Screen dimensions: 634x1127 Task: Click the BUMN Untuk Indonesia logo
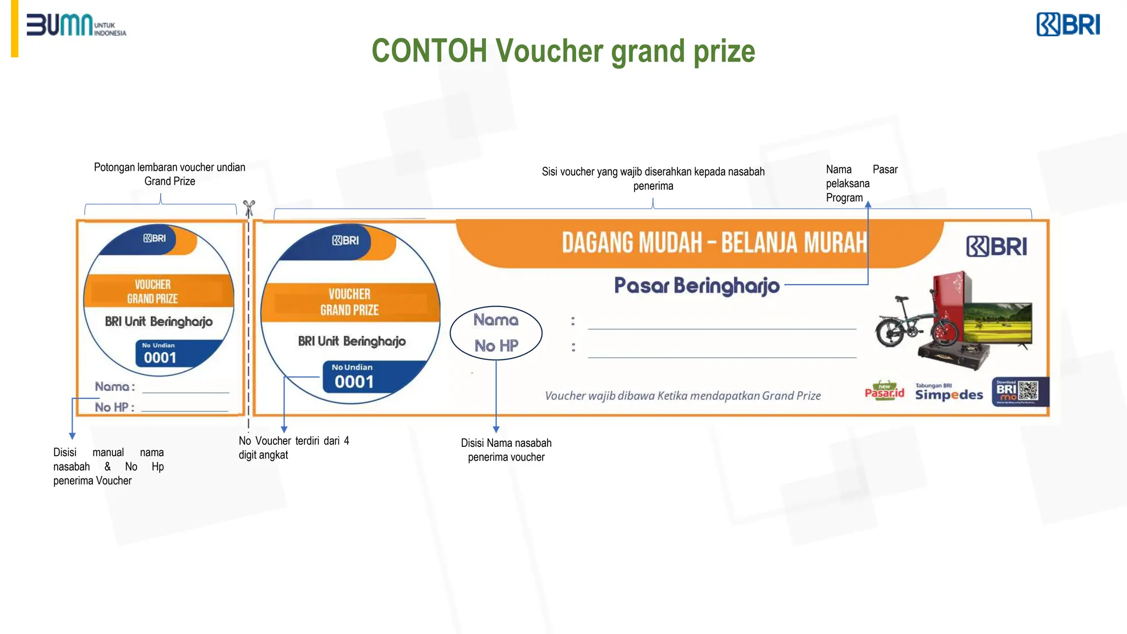[76, 25]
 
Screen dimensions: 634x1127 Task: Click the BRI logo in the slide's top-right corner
[1068, 25]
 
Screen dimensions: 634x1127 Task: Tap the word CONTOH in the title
[429, 51]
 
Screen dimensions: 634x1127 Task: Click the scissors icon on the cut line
[249, 208]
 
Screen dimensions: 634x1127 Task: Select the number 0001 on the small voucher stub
[160, 358]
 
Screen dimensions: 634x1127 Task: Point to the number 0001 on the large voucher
[354, 381]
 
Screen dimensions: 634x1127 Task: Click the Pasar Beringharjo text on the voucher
[697, 285]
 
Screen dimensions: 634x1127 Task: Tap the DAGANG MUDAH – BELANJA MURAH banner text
[714, 243]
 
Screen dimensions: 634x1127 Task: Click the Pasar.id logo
[884, 391]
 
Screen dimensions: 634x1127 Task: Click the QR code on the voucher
[1028, 391]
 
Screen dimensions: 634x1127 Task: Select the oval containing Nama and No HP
[496, 333]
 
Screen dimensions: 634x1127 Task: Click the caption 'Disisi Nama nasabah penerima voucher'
[506, 450]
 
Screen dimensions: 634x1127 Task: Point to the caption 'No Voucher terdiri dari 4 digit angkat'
[293, 447]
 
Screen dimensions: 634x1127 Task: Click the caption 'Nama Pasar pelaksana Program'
[861, 183]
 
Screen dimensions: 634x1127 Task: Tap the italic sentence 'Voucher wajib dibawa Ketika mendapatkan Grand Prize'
[682, 396]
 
